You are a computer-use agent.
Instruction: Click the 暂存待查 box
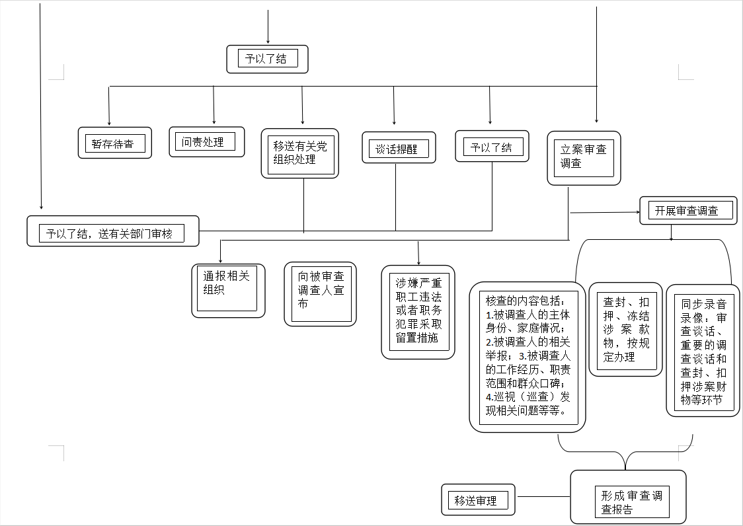114,143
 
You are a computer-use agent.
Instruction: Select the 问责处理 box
207,141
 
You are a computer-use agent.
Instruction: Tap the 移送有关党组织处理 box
300,153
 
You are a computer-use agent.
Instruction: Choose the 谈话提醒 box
399,148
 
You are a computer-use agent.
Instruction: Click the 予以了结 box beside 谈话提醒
492,147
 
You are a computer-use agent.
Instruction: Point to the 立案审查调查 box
584,159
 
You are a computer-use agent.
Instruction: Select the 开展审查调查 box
689,210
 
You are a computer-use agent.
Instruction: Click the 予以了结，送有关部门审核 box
113,231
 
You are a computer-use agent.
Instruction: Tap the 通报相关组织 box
228,291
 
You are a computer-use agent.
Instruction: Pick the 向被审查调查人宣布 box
321,294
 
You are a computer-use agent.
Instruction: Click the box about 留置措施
418,313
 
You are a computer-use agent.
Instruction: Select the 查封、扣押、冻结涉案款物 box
625,329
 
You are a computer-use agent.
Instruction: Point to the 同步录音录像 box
703,351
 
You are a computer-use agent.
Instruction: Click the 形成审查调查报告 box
629,497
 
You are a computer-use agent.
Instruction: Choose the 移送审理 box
478,500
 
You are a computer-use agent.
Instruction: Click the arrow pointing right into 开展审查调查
605,212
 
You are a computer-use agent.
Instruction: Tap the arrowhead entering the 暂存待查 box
109,123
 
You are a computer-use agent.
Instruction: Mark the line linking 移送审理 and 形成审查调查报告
543,497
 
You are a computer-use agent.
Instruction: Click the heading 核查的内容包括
525,301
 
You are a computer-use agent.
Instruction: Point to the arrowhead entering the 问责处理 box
214,122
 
